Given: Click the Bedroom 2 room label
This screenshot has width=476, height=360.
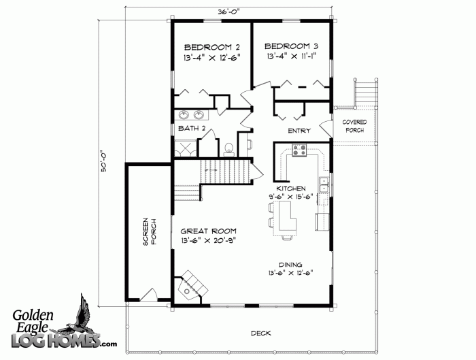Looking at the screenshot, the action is [212, 48].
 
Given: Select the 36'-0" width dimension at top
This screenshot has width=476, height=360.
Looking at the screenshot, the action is [228, 12].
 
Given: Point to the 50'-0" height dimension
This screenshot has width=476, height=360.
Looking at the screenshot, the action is [104, 161].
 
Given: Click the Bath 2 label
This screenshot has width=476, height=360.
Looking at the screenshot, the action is [192, 128].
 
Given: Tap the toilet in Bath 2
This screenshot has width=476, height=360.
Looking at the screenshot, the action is [228, 150].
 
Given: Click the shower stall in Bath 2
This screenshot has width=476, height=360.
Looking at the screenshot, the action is [186, 148].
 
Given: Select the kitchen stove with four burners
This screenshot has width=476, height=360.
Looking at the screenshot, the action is [299, 150].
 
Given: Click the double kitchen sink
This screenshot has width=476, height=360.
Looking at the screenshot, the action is [324, 184].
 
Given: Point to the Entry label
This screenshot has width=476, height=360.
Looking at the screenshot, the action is [299, 131].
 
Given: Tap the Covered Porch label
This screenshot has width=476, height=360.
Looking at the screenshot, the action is [354, 126].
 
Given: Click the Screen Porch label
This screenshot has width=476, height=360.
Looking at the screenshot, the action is [150, 231].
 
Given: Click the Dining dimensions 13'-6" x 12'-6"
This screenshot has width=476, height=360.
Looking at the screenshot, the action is [290, 273].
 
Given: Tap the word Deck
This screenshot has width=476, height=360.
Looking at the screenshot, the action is [260, 333].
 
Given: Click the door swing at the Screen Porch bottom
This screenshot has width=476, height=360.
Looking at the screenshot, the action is [148, 295].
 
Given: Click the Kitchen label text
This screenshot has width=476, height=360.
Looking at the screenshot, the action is [291, 189].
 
